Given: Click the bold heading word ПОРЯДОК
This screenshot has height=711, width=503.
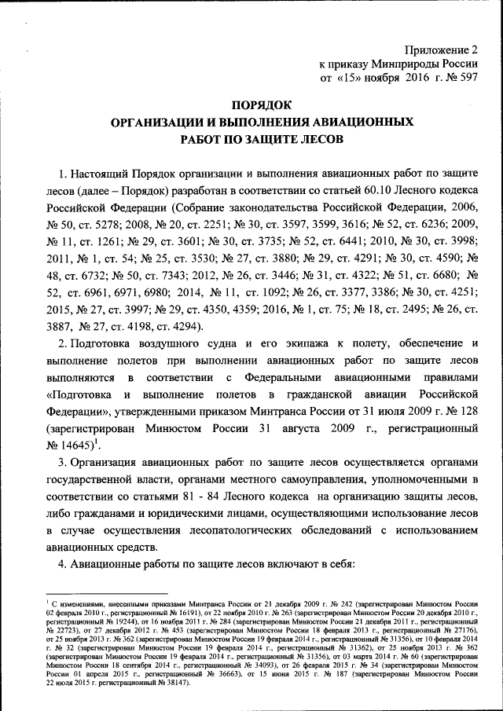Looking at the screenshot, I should pos(260,105).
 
